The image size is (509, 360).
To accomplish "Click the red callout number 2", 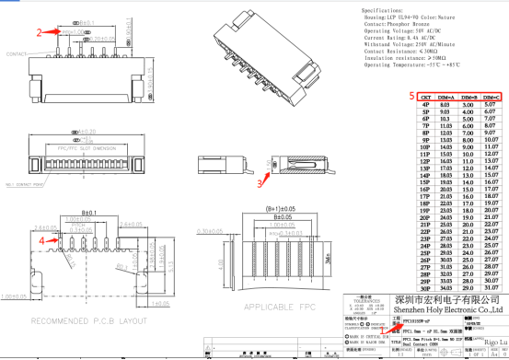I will [40, 31].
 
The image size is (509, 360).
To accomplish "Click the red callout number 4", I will [42, 239].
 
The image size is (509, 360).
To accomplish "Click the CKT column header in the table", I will [425, 96].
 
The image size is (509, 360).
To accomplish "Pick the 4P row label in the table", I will [425, 105].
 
